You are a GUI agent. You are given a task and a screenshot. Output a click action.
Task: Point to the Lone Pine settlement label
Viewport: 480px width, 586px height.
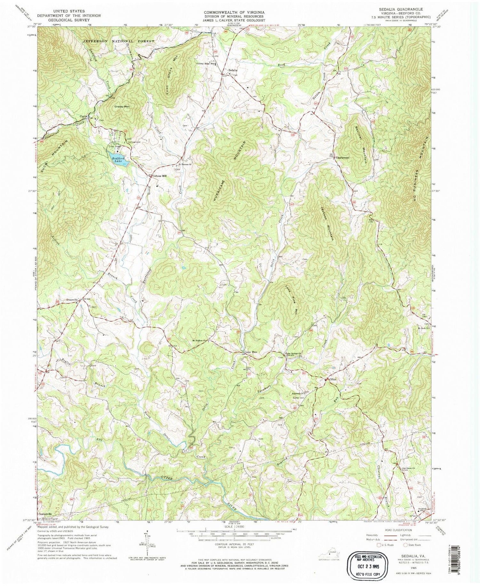(251, 352)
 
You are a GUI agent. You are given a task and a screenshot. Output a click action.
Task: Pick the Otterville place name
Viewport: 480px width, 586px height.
(72, 299)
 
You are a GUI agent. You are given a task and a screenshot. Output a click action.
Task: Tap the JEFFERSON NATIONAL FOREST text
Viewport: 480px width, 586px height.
(118, 41)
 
